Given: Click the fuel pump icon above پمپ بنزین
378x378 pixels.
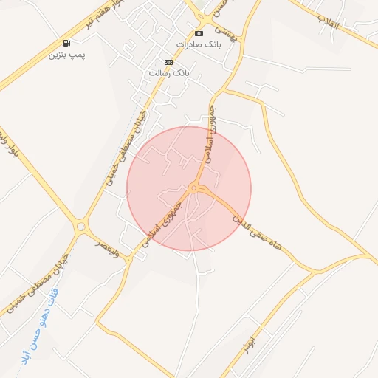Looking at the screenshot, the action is point(67,43).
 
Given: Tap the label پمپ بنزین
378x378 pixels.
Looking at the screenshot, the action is point(67,55).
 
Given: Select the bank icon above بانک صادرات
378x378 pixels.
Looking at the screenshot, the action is point(199,34).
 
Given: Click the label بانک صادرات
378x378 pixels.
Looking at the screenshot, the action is point(199,45).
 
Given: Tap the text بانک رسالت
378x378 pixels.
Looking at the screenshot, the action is point(170,73).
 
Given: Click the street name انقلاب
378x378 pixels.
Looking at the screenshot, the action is point(328,23).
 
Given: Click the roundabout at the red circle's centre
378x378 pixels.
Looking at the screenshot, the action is point(193,189).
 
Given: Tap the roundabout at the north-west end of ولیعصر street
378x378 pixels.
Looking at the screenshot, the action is point(80,227).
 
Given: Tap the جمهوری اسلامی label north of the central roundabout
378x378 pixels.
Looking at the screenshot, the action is point(211,136).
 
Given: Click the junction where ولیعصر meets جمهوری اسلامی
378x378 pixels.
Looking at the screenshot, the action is point(131,257).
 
